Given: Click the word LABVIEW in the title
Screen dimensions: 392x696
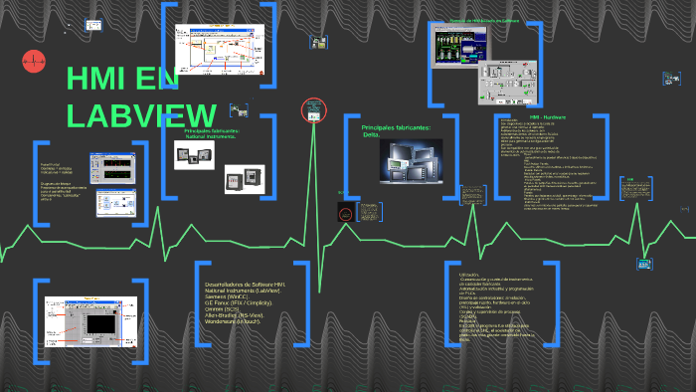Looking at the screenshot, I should coord(141,114).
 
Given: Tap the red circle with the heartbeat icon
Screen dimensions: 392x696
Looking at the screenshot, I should coord(33,62).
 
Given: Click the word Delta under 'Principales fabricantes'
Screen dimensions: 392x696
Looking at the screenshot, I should coord(372,135).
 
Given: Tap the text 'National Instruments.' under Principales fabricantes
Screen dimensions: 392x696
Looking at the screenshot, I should coord(211,136).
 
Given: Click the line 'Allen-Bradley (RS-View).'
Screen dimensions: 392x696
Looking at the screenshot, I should coord(241,315).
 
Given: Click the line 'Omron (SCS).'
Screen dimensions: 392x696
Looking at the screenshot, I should coord(222,309).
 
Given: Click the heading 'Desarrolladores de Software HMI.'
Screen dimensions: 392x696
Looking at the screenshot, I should coord(246,284).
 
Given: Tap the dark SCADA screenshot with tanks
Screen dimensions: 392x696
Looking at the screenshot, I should coord(460,46).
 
